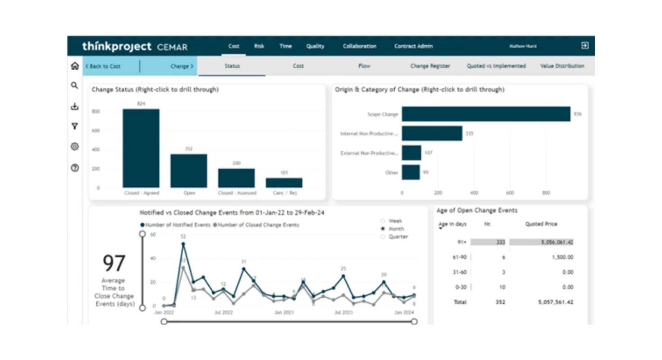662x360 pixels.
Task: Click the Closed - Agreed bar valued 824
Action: pos(141,148)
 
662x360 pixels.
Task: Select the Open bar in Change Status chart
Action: pos(189,171)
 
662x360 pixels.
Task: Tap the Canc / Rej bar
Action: pos(284,183)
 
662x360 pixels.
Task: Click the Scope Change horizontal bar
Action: pos(486,114)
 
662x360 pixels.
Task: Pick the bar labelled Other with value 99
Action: pos(410,172)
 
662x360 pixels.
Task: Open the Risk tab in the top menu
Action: pos(259,46)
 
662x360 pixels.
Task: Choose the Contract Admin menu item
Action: pos(413,46)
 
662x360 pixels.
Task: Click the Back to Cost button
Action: pos(104,66)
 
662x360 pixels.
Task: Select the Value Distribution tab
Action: pos(562,66)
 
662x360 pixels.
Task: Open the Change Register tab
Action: pos(430,66)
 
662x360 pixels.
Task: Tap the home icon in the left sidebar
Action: pos(75,66)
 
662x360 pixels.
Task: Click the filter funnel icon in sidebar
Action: pos(75,126)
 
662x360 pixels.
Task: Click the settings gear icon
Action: pos(75,147)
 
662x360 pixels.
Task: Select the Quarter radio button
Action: pos(383,237)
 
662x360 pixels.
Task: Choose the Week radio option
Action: pos(383,221)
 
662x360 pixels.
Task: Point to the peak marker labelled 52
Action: pos(183,244)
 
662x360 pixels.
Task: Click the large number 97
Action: pos(114,263)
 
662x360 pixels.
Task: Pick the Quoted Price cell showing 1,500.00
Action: pos(563,257)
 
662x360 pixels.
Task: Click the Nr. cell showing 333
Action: pos(500,242)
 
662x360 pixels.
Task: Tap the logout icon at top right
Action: pos(585,46)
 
